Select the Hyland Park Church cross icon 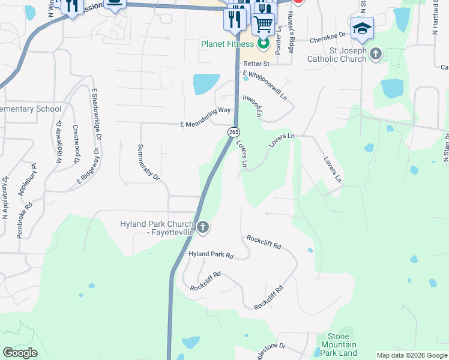(203, 227)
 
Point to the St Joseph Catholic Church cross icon (375, 54)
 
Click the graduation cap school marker (362, 29)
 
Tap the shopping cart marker (263, 25)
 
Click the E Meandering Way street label (205, 111)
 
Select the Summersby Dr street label (148, 162)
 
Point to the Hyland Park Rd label (211, 254)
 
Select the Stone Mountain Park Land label (339, 344)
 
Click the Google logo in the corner (20, 352)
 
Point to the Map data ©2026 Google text (411, 355)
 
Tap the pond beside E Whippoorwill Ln (206, 83)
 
